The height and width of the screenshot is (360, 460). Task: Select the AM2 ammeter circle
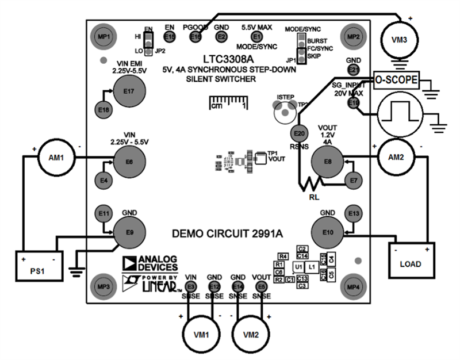[395, 157]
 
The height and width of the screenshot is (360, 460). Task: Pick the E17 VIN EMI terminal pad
[128, 91]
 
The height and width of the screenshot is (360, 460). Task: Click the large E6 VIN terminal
[128, 162]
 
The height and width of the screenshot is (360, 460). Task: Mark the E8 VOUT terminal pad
[327, 163]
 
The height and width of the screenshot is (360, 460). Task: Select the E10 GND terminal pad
[327, 232]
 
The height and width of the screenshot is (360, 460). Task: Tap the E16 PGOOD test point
[195, 37]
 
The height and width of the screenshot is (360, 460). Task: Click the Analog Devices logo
[149, 264]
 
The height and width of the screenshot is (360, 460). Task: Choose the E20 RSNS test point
[298, 133]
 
